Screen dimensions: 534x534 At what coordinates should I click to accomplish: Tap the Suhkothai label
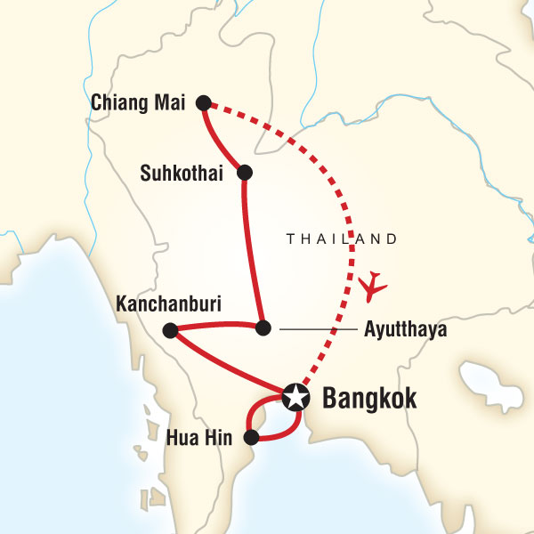click(185, 172)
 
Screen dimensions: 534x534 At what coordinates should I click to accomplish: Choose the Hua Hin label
click(201, 437)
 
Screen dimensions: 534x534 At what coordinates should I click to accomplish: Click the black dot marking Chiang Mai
click(204, 102)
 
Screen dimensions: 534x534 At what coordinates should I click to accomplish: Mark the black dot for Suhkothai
click(244, 172)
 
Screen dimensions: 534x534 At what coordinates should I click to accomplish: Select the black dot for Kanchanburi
click(169, 331)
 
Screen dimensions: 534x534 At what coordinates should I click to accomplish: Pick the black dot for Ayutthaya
click(262, 328)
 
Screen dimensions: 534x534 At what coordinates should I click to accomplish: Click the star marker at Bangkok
click(295, 397)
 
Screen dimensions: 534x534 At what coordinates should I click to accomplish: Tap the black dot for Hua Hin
click(252, 437)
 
